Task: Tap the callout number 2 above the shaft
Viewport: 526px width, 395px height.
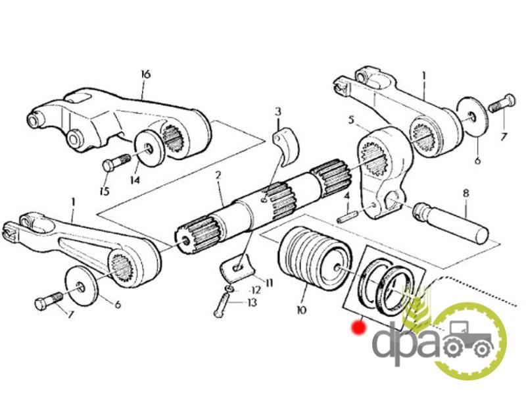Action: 218,175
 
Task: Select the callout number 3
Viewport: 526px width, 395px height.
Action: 278,112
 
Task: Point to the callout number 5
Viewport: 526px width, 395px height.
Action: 351,120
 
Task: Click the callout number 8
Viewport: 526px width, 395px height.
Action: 466,194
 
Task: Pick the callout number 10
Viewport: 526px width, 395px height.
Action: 301,309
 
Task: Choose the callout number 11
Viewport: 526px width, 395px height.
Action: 268,283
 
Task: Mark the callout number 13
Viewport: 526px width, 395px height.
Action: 252,302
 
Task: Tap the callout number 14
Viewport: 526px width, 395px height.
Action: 135,180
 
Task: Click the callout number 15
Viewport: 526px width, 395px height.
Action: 105,191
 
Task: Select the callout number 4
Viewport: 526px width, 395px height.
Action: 348,196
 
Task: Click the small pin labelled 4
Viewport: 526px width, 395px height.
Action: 347,216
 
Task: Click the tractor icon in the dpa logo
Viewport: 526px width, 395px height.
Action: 469,338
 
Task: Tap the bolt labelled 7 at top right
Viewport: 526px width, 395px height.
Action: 502,103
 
